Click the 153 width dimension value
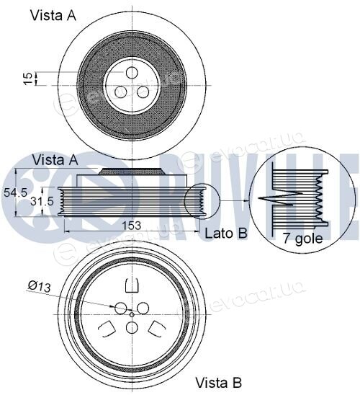pyautogui.click(x=131, y=226)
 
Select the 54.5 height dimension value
pyautogui.click(x=16, y=193)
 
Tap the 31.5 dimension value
pyautogui.click(x=42, y=201)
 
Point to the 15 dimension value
pyautogui.click(x=28, y=79)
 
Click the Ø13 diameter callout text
pyautogui.click(x=40, y=286)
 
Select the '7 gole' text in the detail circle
pyautogui.click(x=303, y=239)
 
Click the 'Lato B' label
pyautogui.click(x=226, y=234)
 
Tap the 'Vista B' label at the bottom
pyautogui.click(x=218, y=383)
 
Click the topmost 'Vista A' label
pyautogui.click(x=53, y=15)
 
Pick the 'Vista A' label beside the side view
pyautogui.click(x=55, y=160)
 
